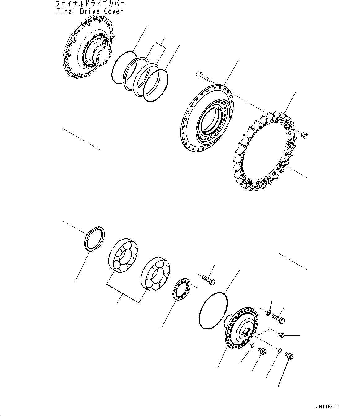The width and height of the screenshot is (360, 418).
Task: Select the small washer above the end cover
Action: [269, 313]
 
